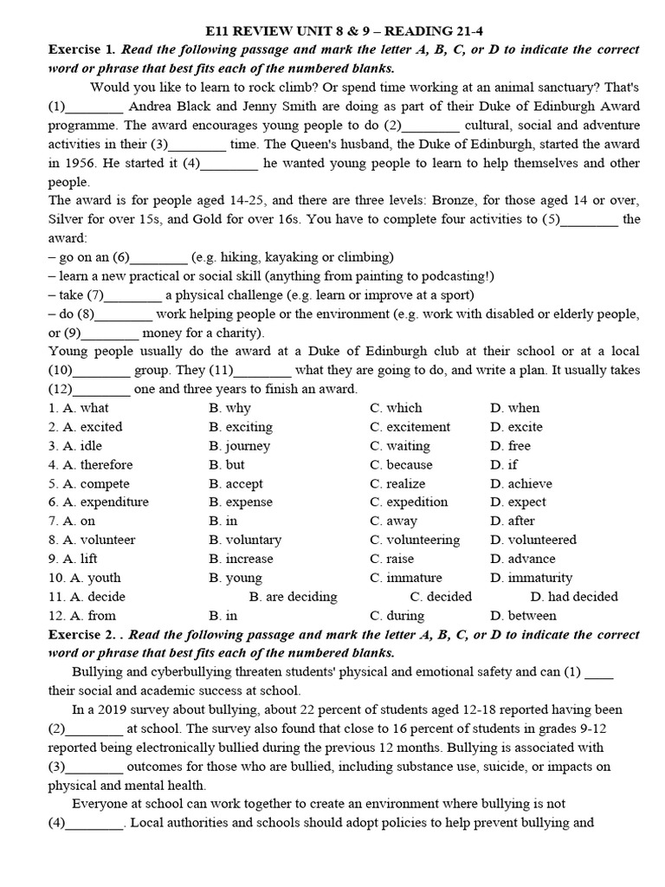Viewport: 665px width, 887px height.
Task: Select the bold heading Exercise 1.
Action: pyautogui.click(x=80, y=49)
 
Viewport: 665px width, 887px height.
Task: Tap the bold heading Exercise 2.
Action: pyautogui.click(x=80, y=635)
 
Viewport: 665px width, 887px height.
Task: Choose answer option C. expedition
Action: pyautogui.click(x=409, y=502)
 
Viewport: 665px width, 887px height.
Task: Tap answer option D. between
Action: pyautogui.click(x=523, y=616)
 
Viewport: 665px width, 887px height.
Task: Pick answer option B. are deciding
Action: pyautogui.click(x=293, y=597)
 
